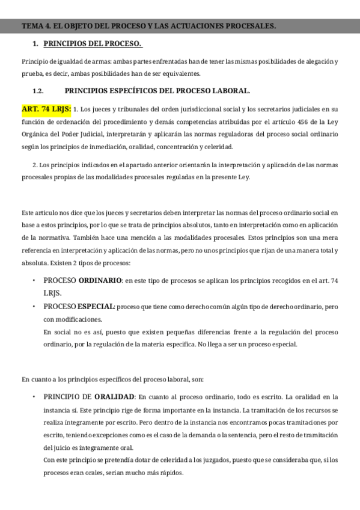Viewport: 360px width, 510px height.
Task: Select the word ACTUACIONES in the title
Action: click(x=195, y=26)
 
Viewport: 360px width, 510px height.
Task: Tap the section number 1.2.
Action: click(x=38, y=91)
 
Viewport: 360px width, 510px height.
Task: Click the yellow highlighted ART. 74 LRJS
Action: click(x=46, y=109)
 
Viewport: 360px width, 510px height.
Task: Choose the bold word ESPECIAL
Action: click(x=96, y=307)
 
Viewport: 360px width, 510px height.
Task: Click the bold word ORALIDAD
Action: click(x=115, y=397)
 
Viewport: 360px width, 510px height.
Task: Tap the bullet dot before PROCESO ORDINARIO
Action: click(x=35, y=281)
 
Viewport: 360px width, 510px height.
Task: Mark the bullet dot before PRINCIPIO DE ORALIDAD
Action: click(x=35, y=397)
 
